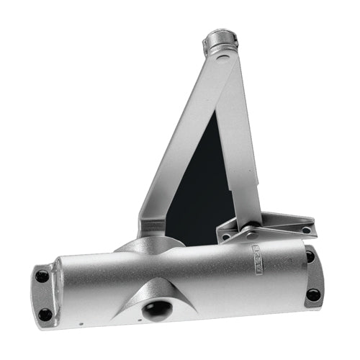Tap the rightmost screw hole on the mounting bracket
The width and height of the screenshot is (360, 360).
pos(306,230)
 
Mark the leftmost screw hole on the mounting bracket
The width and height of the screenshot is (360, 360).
pos(226,237)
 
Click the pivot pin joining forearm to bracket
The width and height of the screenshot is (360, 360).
pos(251,233)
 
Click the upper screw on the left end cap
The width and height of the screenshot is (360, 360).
pos(42,276)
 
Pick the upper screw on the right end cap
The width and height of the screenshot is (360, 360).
pos(310,256)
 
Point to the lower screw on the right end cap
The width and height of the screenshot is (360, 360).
pos(313,294)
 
